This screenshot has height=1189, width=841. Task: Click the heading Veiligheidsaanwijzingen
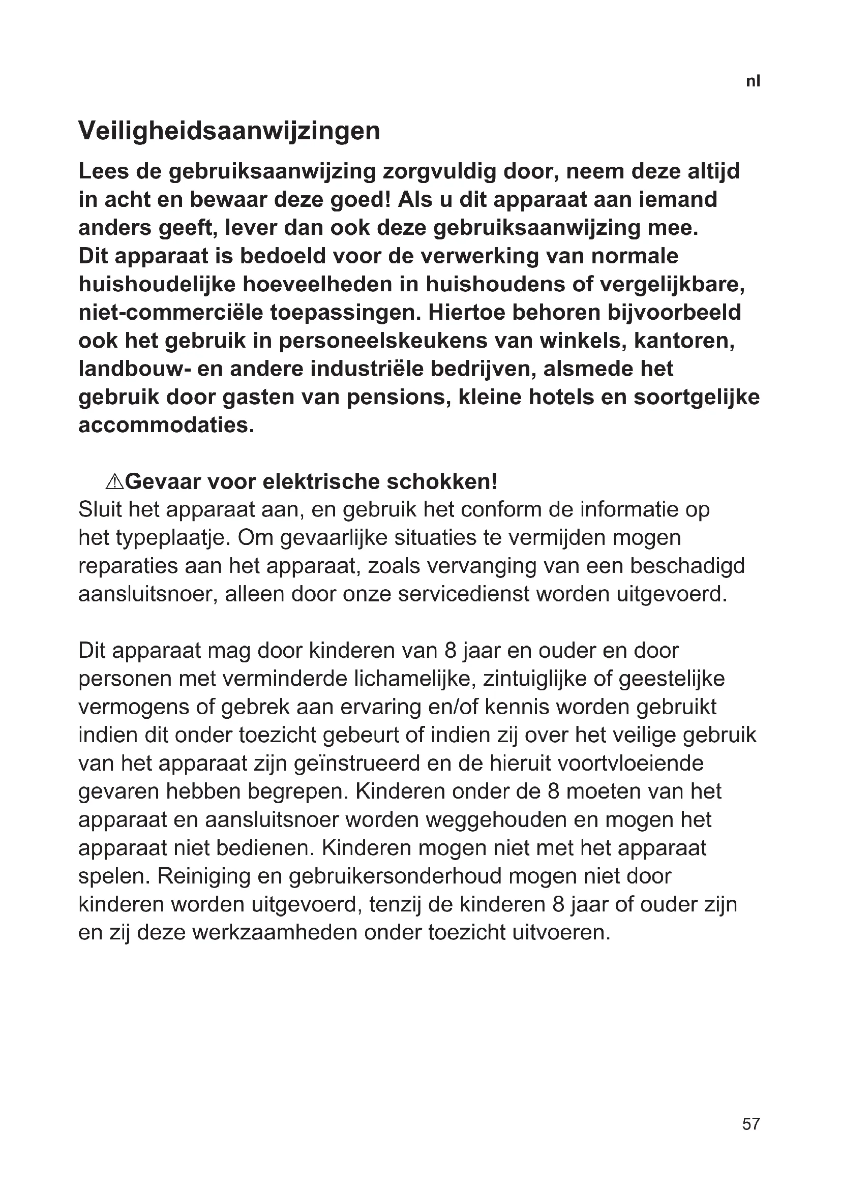[x=229, y=131]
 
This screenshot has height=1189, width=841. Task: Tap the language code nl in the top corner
[x=753, y=81]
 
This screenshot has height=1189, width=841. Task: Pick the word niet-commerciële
[x=170, y=313]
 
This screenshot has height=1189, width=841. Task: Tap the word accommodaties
[x=166, y=425]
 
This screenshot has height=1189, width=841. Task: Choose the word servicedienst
[x=464, y=594]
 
